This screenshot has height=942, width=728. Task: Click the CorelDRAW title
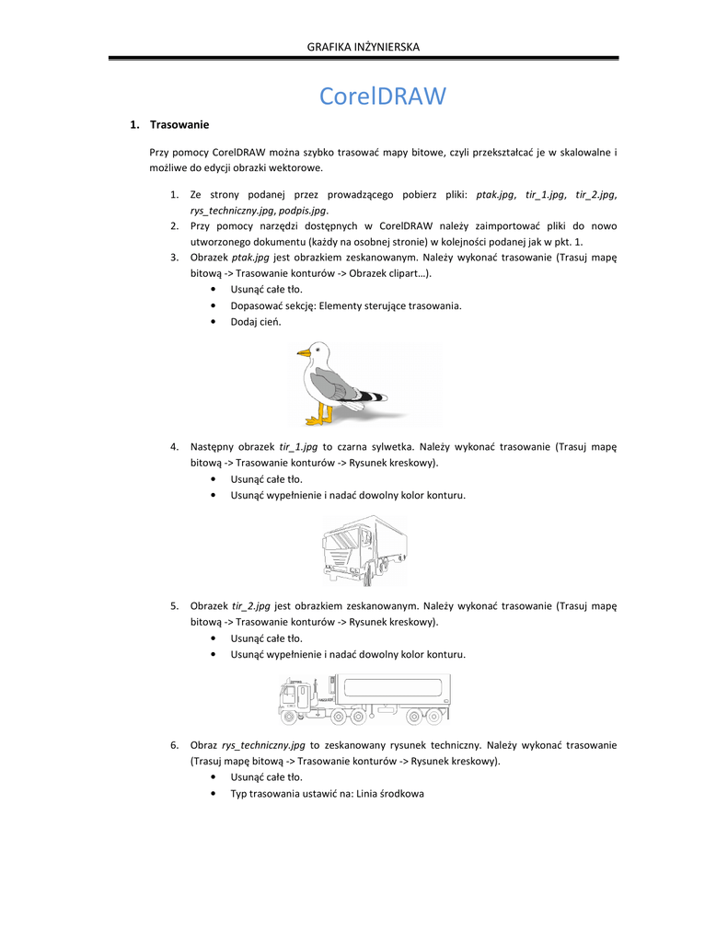(x=382, y=96)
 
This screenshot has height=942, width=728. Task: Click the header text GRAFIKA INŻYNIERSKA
(x=364, y=46)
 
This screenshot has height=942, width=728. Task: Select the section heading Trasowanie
(x=179, y=124)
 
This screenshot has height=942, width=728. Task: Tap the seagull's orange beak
(x=303, y=352)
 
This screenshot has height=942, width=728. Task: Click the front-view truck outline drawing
(x=364, y=550)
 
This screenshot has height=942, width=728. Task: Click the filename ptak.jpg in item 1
(x=494, y=194)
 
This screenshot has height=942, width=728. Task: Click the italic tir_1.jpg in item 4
(x=297, y=446)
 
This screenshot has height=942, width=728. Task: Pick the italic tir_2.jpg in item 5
(x=250, y=605)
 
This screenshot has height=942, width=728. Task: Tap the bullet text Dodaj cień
(x=256, y=322)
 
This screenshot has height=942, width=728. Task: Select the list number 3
(x=174, y=257)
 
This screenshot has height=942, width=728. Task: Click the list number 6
(x=174, y=744)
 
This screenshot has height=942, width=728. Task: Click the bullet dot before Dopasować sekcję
(x=213, y=305)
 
